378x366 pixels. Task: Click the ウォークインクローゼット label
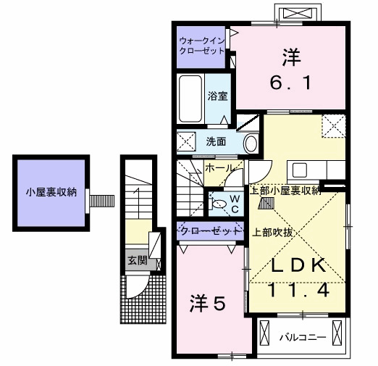(202, 46)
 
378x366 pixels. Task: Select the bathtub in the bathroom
(191, 99)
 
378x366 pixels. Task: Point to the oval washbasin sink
(251, 143)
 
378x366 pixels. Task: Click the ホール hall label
(219, 168)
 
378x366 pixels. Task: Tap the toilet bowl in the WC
(218, 204)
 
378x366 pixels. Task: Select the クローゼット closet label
(209, 231)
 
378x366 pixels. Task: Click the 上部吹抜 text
(273, 233)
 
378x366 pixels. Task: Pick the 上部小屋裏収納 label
(285, 191)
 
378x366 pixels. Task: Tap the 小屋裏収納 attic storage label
(49, 194)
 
